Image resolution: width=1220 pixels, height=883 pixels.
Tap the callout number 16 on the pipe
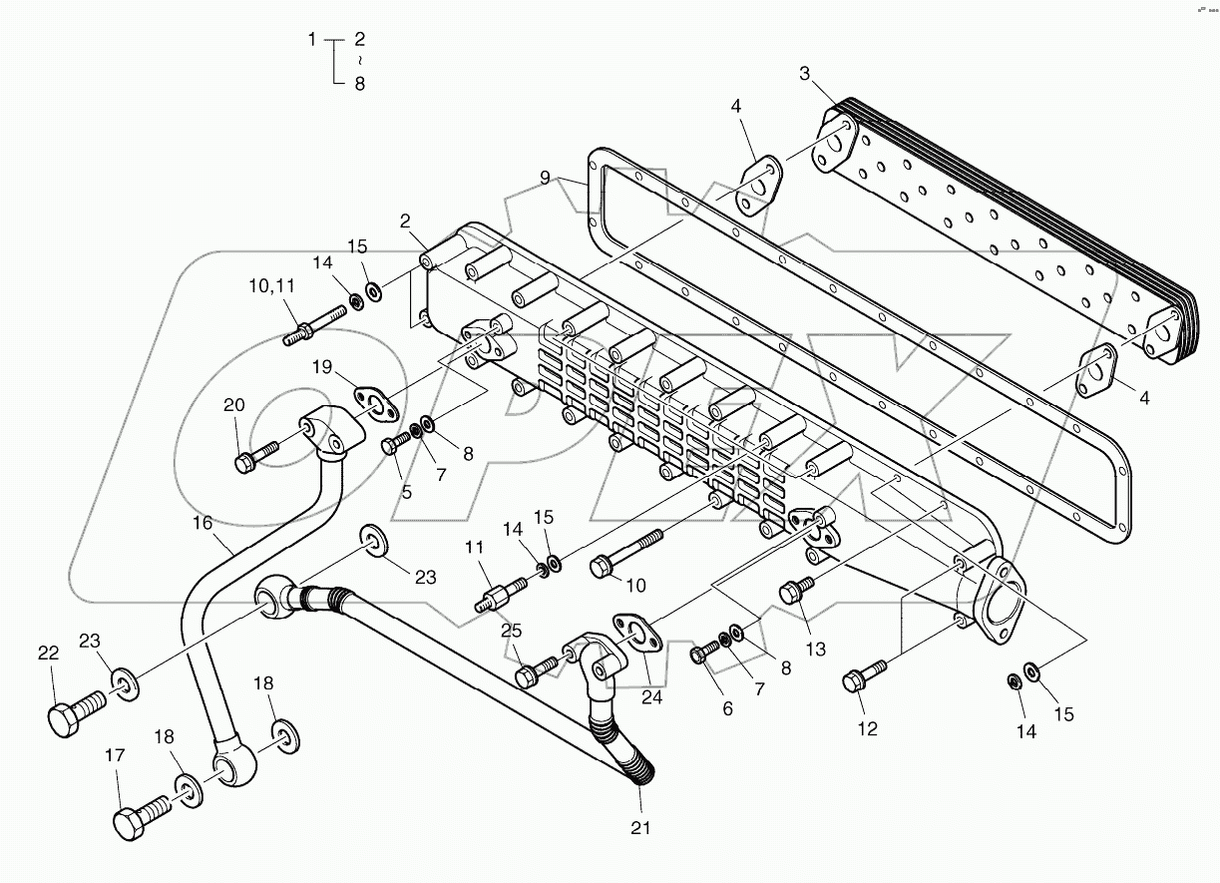pos(203,522)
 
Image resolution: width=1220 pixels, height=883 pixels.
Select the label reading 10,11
pos(272,286)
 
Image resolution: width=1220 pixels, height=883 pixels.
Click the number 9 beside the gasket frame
pos(545,178)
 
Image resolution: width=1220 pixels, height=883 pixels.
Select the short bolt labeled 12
pos(861,678)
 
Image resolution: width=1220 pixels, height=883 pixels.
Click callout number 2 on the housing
pos(405,221)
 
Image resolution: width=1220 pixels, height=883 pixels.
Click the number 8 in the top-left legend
pos(359,84)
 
